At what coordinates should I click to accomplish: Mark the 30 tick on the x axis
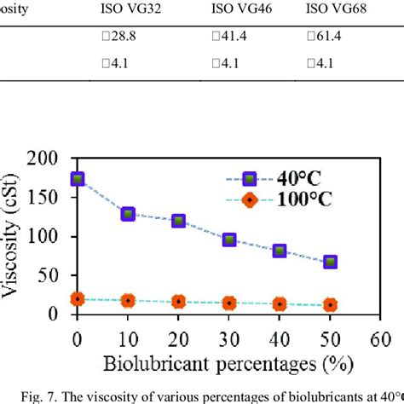(228, 337)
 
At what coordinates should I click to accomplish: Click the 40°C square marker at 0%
(78, 179)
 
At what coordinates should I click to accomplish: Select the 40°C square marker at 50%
(330, 262)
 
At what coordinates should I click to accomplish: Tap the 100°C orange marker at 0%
(78, 299)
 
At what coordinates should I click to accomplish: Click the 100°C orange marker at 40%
(280, 303)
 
